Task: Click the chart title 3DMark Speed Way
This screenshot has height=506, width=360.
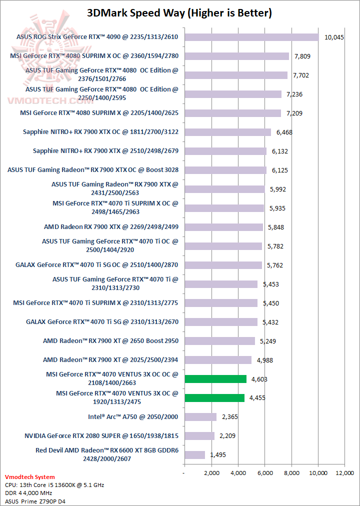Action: pos(179,12)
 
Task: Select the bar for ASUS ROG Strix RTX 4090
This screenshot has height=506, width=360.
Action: pos(251,37)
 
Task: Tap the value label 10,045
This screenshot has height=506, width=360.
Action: pos(334,37)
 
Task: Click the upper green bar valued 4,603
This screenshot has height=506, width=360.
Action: pos(215,379)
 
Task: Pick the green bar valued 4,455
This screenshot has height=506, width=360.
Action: pos(214,398)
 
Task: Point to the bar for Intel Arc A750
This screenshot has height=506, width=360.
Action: pos(200,417)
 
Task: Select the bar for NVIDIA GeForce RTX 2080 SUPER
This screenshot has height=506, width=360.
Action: pos(199,436)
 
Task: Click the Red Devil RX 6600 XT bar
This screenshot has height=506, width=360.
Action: pos(194,455)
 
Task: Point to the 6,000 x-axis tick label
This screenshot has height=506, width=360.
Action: pos(265,472)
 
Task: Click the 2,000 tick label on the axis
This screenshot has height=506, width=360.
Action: pos(211,472)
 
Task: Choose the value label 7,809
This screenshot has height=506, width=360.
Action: pos(302,56)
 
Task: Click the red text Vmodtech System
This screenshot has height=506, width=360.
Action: pos(29,477)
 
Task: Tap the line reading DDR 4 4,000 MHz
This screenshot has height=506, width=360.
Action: pos(29,492)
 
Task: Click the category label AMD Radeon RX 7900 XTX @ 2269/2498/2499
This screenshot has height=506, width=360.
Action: pos(111,227)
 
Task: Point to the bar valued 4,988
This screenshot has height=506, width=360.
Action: pos(218,360)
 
